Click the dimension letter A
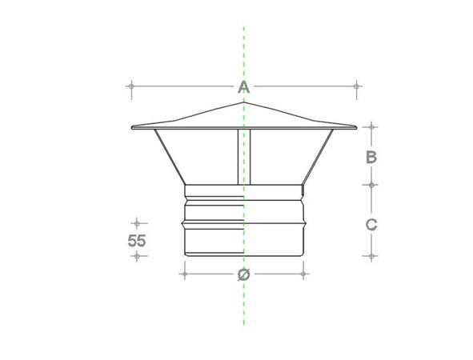(x=244, y=86)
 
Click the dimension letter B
(x=371, y=157)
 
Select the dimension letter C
(x=371, y=225)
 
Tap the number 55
(x=137, y=239)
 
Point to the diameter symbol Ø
(x=244, y=274)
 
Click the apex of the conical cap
(x=244, y=102)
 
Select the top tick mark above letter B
(x=371, y=126)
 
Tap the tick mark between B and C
(x=371, y=185)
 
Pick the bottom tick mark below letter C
(x=371, y=256)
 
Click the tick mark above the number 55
(x=137, y=222)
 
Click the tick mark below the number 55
(x=137, y=256)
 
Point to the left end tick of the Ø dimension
(x=185, y=274)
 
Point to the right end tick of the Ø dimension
(x=304, y=274)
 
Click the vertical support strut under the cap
(x=243, y=156)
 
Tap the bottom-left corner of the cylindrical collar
(x=186, y=256)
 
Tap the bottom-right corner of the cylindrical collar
(x=303, y=256)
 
